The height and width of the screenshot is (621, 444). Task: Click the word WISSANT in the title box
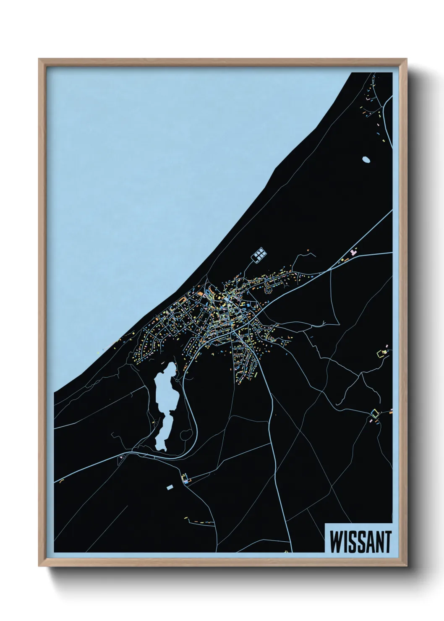[x=360, y=541]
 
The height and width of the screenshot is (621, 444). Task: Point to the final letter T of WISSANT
[x=387, y=541]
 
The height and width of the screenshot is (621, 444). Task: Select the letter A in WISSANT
[x=369, y=541]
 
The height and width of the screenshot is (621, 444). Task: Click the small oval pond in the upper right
[x=366, y=159]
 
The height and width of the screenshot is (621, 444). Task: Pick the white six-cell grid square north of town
[x=259, y=254]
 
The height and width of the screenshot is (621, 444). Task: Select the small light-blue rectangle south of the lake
[x=170, y=487]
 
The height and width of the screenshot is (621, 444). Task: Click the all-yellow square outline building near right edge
[x=381, y=353]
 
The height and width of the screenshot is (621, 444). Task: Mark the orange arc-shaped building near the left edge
[x=62, y=481]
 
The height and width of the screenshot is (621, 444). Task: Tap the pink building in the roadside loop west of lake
[x=121, y=456]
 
